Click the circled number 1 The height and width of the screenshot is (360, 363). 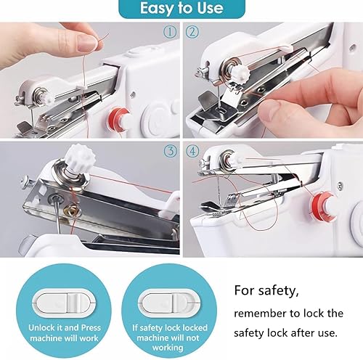click(170, 32)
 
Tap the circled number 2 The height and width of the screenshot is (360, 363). click(192, 32)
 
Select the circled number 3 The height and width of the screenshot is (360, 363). click(171, 151)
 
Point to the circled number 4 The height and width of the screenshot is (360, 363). click(192, 151)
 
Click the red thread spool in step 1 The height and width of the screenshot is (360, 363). click(118, 119)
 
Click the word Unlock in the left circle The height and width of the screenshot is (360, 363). click(41, 327)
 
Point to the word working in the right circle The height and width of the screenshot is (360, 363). click(168, 348)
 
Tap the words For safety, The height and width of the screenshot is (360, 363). click(266, 290)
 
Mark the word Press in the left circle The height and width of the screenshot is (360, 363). click(91, 327)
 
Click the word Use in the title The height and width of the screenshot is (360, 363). click(210, 8)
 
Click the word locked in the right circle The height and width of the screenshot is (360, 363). click(195, 327)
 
